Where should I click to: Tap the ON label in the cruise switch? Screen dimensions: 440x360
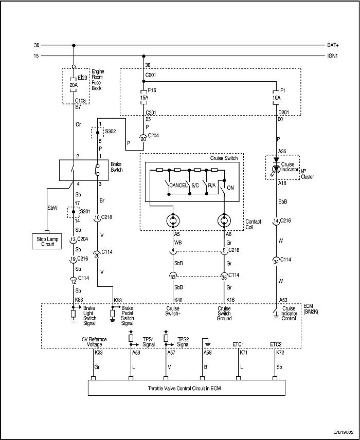(230, 188)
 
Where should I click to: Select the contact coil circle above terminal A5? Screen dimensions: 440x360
(173, 222)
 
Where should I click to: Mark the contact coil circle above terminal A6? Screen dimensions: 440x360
(225, 222)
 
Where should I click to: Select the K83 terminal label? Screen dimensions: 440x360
(80, 299)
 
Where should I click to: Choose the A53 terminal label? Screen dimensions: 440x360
(283, 299)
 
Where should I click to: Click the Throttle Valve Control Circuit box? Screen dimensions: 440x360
(187, 388)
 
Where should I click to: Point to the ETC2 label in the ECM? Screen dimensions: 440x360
(276, 344)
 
